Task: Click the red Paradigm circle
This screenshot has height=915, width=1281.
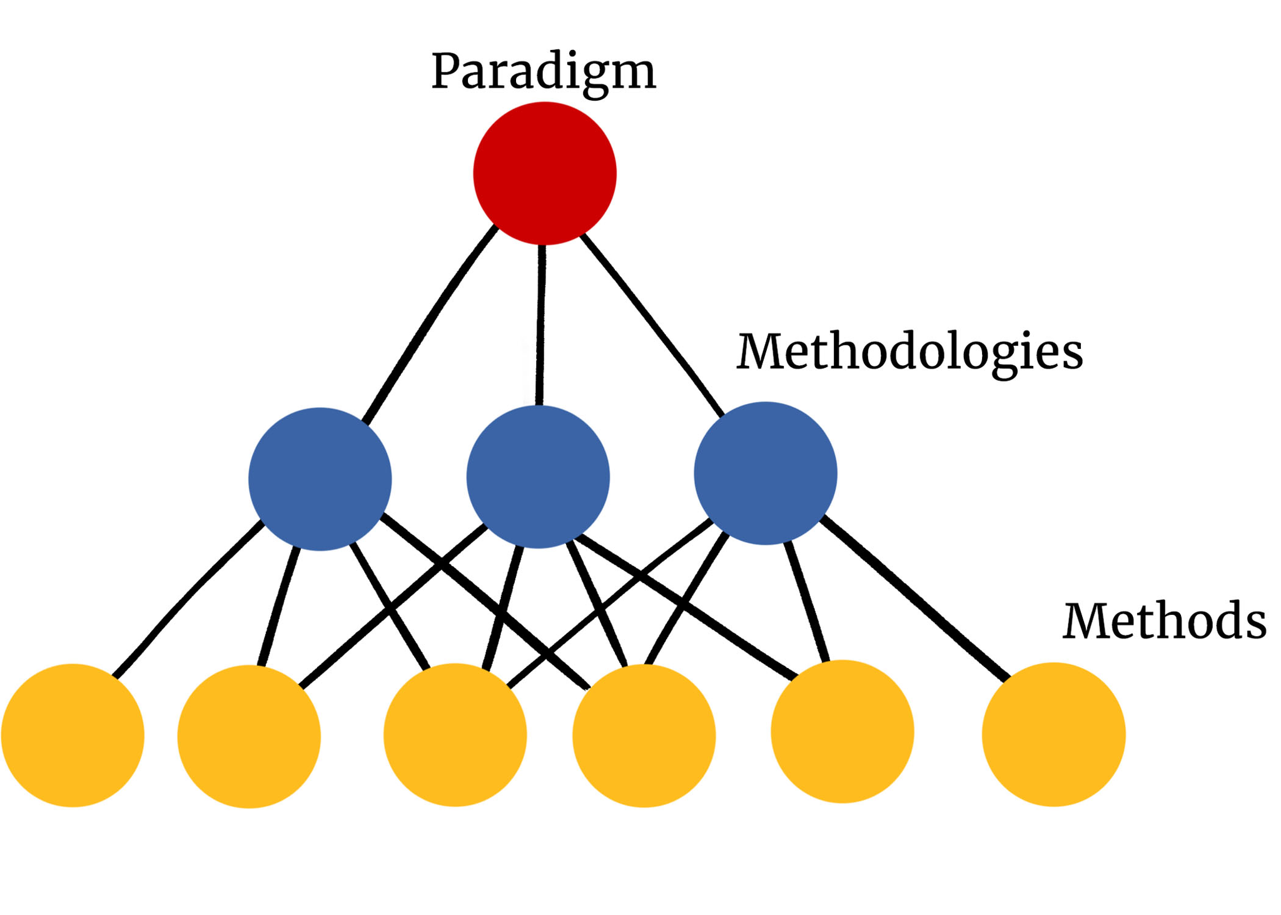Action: click(544, 173)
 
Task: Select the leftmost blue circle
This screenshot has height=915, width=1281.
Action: click(320, 478)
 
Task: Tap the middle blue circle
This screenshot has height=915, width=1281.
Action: click(538, 477)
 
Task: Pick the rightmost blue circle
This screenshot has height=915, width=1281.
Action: click(765, 473)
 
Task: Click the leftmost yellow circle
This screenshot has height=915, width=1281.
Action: click(73, 735)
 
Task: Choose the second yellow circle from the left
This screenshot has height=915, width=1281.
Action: click(249, 736)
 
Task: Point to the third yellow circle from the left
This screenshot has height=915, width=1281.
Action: click(455, 734)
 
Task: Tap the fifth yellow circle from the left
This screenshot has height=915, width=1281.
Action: click(842, 731)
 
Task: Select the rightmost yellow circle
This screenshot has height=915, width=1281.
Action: click(1053, 734)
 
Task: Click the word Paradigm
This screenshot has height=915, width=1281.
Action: click(543, 72)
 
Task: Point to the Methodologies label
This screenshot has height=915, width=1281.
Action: click(909, 352)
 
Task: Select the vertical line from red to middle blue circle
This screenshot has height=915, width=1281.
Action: click(540, 325)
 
